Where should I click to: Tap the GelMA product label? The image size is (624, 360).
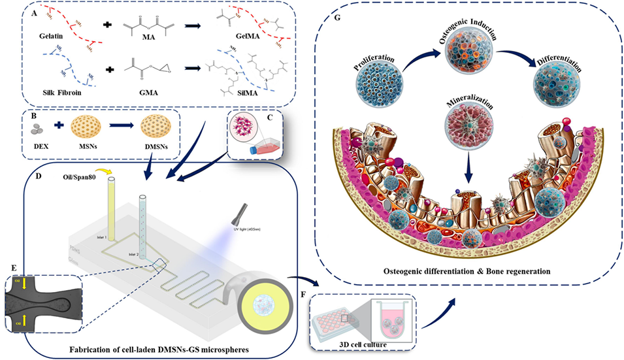pyautogui.click(x=245, y=39)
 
